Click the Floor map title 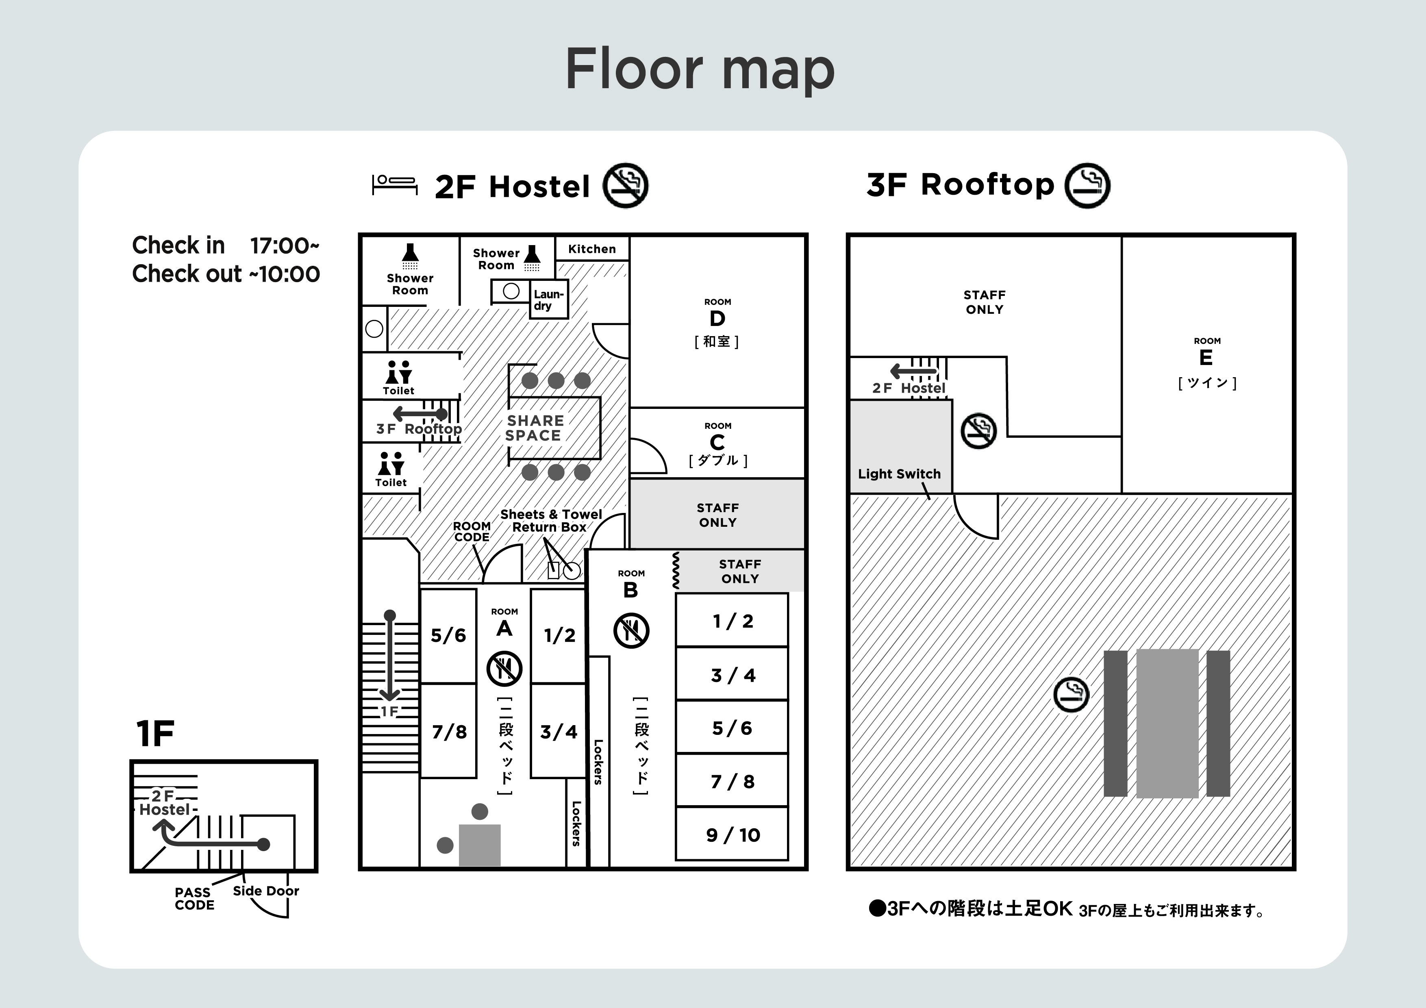700,69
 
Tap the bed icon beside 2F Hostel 394,185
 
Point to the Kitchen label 592,249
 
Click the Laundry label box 548,300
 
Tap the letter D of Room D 717,319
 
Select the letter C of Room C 717,443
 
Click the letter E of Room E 1206,358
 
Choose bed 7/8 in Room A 449,732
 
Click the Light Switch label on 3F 899,474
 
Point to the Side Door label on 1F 266,891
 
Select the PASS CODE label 194,899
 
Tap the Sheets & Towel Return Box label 550,520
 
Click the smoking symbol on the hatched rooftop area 1072,694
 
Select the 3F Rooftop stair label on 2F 419,428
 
